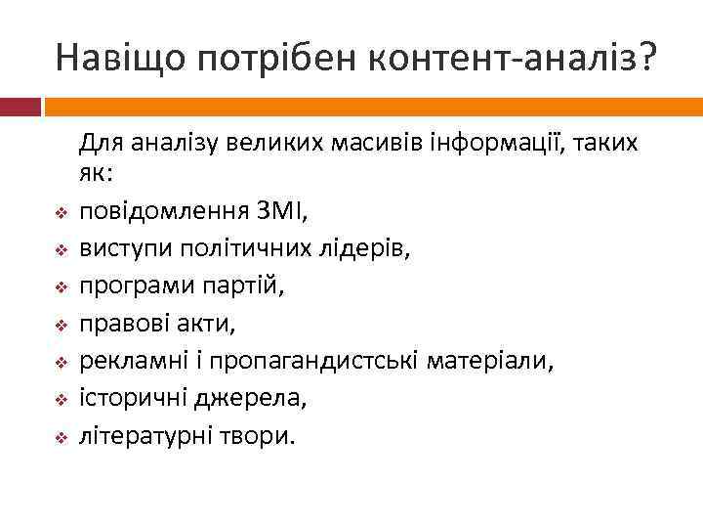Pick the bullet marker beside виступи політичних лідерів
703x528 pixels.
[61, 249]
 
